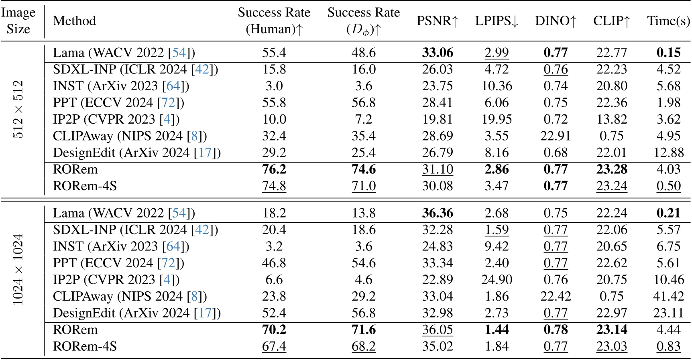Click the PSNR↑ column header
437,21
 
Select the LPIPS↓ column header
497,21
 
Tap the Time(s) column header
668,21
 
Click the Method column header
74,21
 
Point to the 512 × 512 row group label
18,110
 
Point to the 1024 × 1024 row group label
18,269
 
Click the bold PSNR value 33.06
437,53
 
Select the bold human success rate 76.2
274,169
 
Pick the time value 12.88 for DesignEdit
668,153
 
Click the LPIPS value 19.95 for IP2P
497,119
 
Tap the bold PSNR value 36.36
437,213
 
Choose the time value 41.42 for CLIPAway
668,296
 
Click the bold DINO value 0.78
556,330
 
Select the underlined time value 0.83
668,346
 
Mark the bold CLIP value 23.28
611,169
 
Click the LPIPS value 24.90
497,280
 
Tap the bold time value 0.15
668,53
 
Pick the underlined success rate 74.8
274,186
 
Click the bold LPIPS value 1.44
497,330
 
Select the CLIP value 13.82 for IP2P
611,119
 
